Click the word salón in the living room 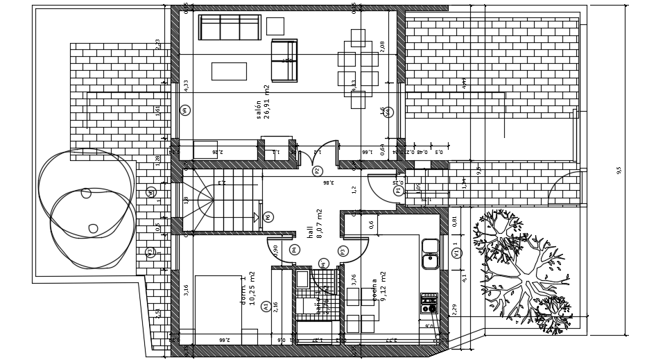pyautogui.click(x=259, y=110)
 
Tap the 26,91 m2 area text pyautogui.click(x=267, y=102)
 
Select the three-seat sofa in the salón pyautogui.click(x=230, y=27)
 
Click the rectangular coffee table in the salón pyautogui.click(x=229, y=71)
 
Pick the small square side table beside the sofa pyautogui.click(x=275, y=26)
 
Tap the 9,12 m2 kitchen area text pyautogui.click(x=383, y=286)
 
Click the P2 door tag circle pyautogui.click(x=318, y=171)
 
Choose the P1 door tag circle pyautogui.click(x=398, y=190)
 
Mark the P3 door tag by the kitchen pyautogui.click(x=343, y=251)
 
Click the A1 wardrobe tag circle pyautogui.click(x=266, y=306)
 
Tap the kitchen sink pyautogui.click(x=431, y=253)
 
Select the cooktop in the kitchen pyautogui.click(x=429, y=303)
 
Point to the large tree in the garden pyautogui.click(x=524, y=271)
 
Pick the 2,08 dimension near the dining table pyautogui.click(x=382, y=46)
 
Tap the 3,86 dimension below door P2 pyautogui.click(x=329, y=182)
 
